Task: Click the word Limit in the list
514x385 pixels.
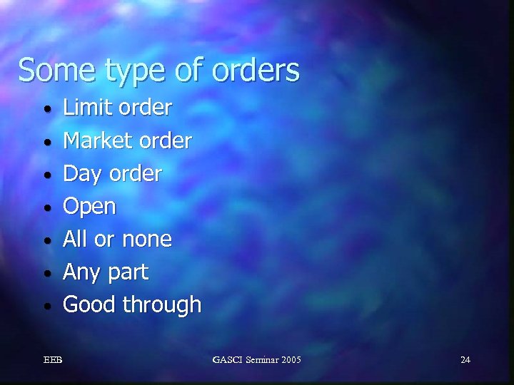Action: tap(82, 108)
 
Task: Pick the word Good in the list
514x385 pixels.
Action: tap(90, 305)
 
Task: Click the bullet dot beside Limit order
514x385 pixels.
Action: tap(46, 111)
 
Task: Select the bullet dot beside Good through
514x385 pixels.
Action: tap(46, 307)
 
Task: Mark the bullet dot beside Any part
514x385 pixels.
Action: tap(46, 274)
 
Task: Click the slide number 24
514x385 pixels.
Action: tap(465, 359)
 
